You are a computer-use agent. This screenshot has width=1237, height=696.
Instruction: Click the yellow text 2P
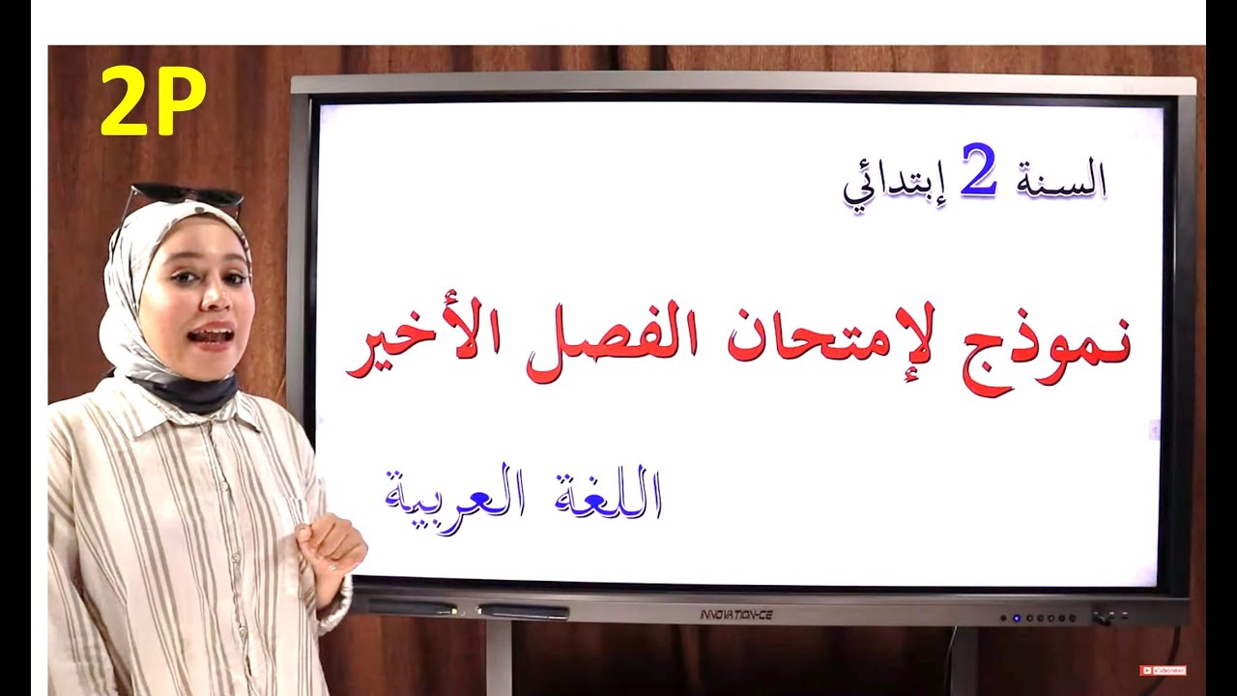point(153,101)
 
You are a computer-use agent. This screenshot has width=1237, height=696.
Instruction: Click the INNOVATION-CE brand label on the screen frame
point(736,615)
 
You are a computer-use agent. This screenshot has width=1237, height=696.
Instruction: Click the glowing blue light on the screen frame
point(1016,618)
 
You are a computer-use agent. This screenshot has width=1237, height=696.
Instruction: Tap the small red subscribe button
point(1163,670)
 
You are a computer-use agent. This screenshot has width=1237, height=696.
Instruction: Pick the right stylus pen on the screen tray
point(523,612)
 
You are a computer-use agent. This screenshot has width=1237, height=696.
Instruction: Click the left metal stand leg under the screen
point(499,658)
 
